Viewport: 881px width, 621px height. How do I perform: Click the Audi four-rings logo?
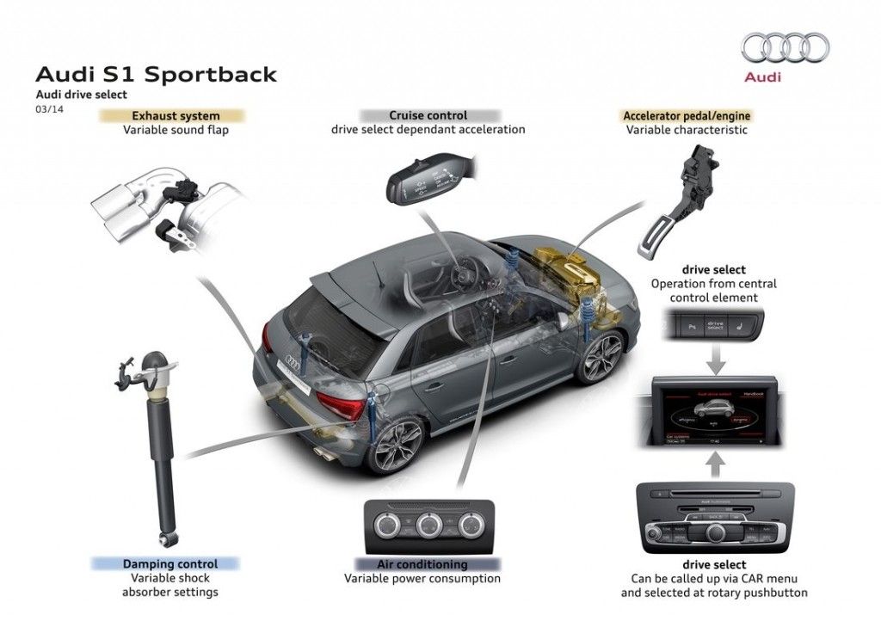point(785,47)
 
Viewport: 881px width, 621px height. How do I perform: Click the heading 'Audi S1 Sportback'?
point(156,74)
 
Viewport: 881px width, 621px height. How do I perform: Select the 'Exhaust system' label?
point(175,115)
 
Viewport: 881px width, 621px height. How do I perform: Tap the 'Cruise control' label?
point(428,115)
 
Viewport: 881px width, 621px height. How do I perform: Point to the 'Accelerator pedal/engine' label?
point(686,115)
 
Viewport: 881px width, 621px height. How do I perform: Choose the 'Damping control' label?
point(169,564)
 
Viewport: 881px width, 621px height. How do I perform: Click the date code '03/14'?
point(49,108)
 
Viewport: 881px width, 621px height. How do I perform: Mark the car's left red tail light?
point(340,403)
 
